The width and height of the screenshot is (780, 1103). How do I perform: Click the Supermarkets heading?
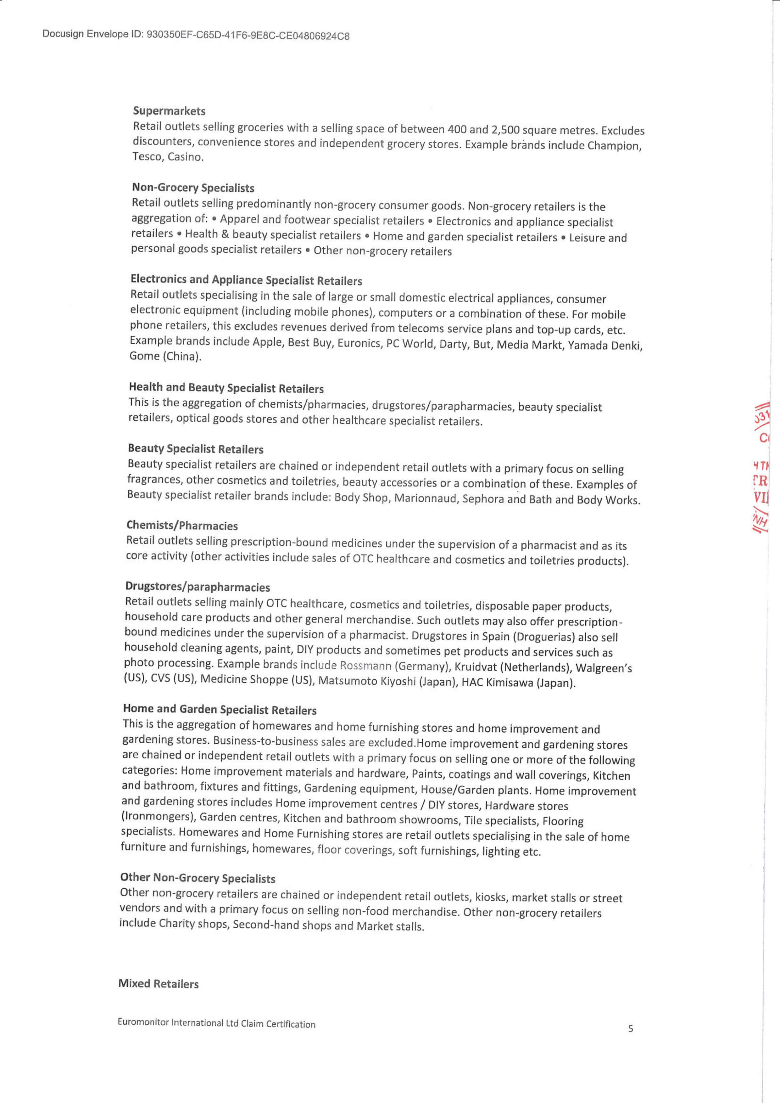(x=169, y=111)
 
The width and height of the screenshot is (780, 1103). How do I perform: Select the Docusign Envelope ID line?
(x=196, y=35)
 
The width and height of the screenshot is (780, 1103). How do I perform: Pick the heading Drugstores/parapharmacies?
(x=198, y=587)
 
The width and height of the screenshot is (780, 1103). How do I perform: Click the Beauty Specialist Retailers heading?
(x=196, y=449)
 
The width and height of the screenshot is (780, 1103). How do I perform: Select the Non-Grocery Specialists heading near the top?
(x=193, y=188)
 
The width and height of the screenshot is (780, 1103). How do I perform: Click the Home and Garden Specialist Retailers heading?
(x=220, y=709)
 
